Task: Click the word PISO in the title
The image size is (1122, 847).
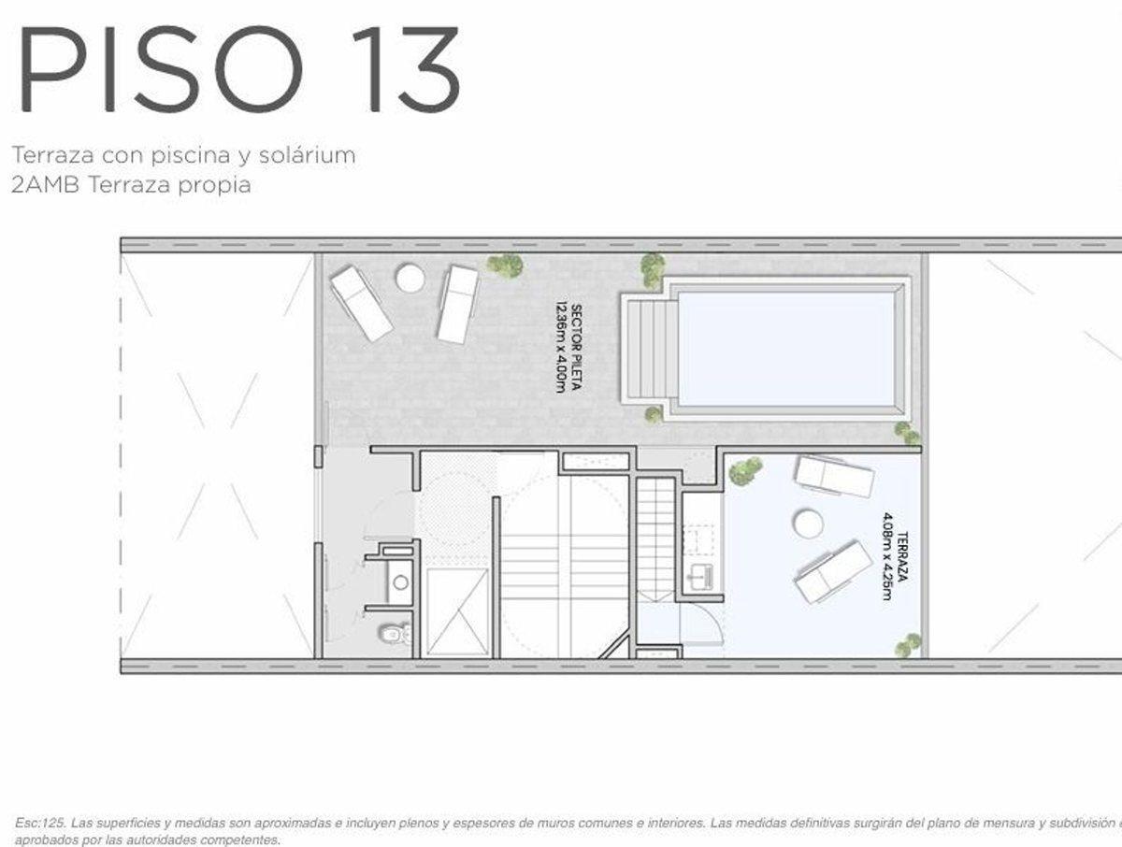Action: [158, 71]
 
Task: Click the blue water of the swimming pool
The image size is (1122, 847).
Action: [785, 349]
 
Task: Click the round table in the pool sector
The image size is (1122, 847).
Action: [410, 278]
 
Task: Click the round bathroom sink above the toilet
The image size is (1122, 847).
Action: [400, 582]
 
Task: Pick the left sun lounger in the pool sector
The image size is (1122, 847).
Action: [362, 303]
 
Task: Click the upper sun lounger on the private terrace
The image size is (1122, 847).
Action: [834, 476]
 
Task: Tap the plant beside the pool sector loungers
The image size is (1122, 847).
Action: [505, 266]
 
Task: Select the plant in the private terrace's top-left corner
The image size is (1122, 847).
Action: [745, 470]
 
